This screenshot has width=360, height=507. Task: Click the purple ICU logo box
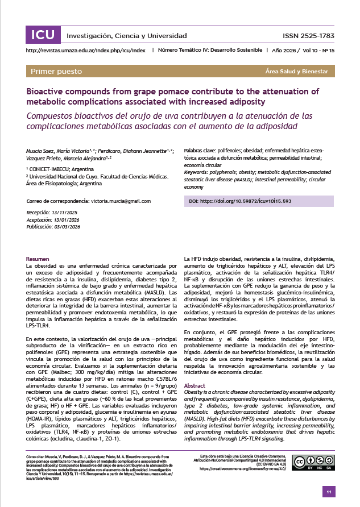click(x=43, y=35)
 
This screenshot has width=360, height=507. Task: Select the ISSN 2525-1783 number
click(x=308, y=36)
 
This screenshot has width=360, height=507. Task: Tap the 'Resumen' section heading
click(x=38, y=259)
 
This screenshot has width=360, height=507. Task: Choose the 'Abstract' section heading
click(x=195, y=385)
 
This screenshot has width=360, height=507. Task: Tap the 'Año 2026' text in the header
click(x=283, y=51)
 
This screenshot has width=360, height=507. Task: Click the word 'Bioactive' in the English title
click(x=46, y=91)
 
